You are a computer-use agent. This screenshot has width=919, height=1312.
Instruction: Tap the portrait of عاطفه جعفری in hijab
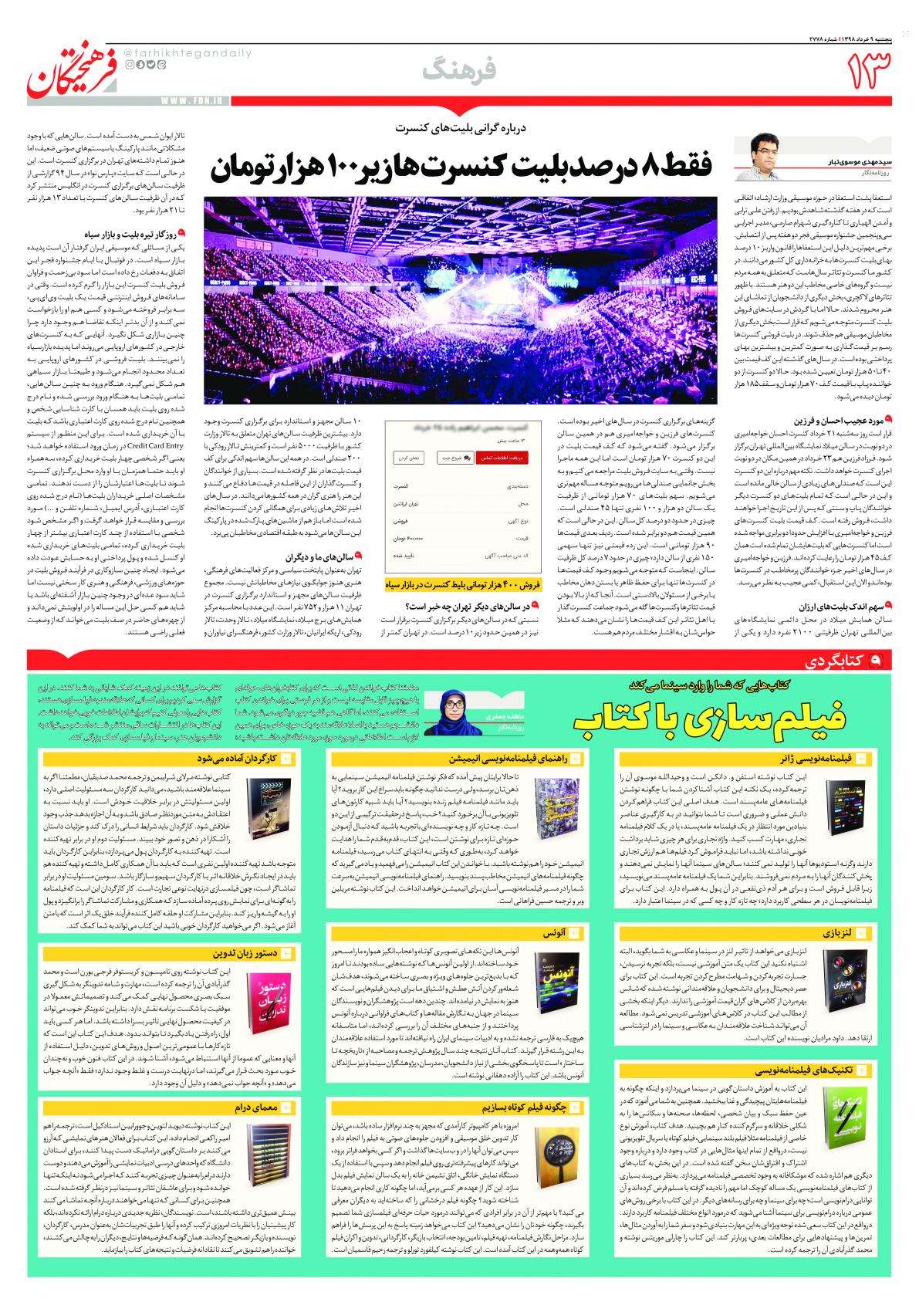point(451,709)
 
